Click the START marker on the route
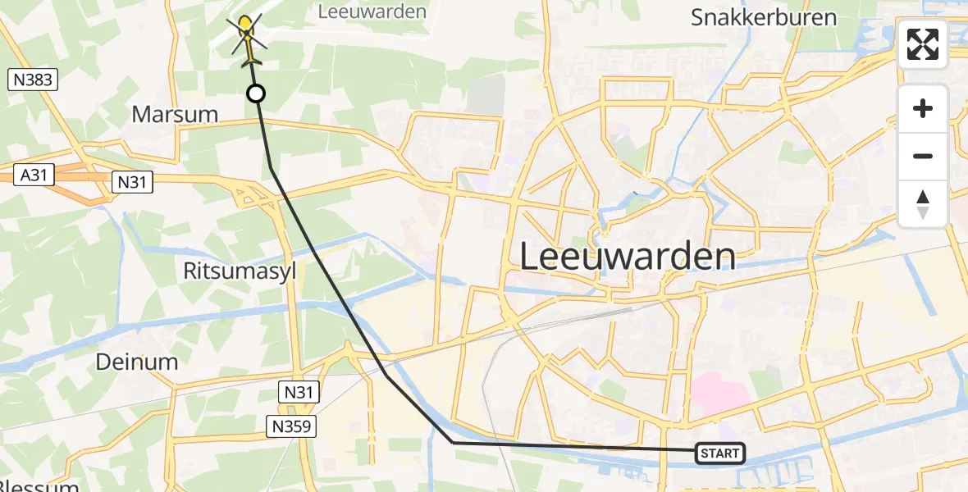720,453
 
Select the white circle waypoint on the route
256,93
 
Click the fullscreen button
923,44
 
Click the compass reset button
923,203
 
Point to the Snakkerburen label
763,17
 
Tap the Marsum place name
175,114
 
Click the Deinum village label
137,362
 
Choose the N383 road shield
33,80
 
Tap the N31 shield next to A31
130,181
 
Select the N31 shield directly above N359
299,393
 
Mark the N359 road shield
291,425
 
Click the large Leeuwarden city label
628,257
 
